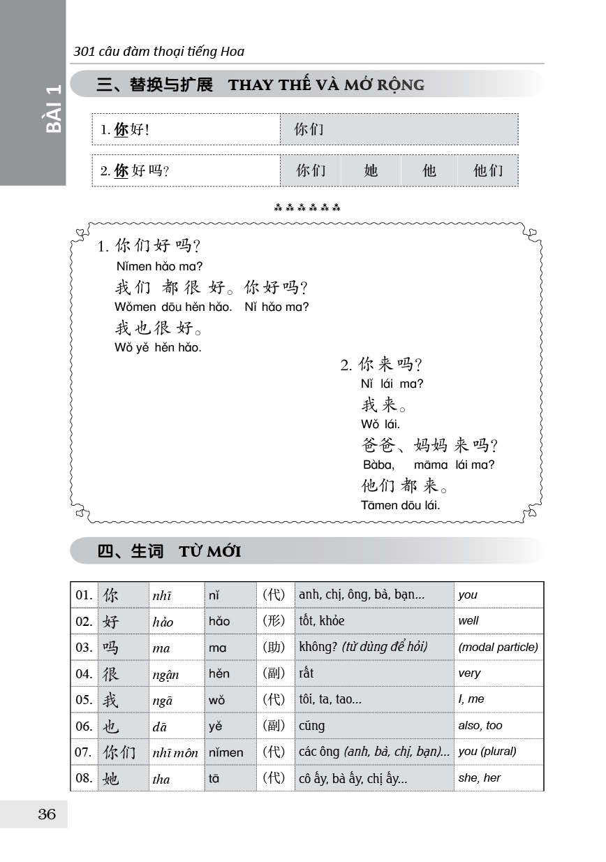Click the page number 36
[x=47, y=814]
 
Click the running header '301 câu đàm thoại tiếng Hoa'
[x=159, y=51]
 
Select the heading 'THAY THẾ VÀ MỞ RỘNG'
[x=326, y=85]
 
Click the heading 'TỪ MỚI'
[x=209, y=551]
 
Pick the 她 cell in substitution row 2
[x=371, y=170]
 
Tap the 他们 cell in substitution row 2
[x=487, y=170]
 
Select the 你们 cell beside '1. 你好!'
[x=309, y=129]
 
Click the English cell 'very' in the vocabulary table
[x=469, y=673]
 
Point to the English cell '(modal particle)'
[x=498, y=647]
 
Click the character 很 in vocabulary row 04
[x=111, y=673]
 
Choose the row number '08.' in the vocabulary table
[x=84, y=778]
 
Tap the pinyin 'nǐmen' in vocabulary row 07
[x=226, y=752]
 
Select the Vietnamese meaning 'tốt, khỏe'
[x=322, y=620]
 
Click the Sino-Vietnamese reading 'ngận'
[x=165, y=674]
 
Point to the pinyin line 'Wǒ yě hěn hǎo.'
[x=158, y=347]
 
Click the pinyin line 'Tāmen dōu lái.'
[x=401, y=505]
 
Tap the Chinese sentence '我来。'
[x=384, y=404]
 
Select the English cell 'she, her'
[x=479, y=777]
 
